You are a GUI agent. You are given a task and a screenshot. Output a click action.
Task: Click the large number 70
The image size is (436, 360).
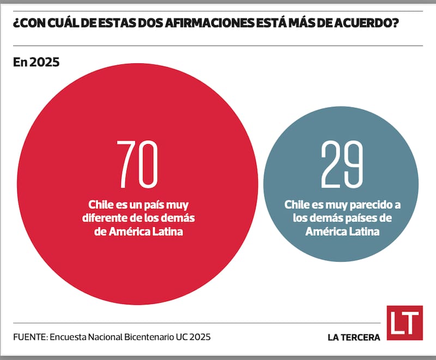coord(138,164)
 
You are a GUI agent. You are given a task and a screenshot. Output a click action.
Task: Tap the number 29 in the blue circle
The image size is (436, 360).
coord(342,164)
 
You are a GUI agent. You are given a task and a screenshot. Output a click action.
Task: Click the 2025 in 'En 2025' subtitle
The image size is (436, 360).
coord(45,62)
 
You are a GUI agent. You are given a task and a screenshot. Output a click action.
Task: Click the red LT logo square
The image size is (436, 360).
coord(404,323)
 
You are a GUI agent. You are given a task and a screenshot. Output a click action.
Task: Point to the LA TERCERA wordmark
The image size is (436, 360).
coord(354,337)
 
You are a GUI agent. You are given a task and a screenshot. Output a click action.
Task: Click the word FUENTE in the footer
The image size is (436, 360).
coord(29,337)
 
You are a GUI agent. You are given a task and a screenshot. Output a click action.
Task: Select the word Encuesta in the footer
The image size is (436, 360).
coord(68,337)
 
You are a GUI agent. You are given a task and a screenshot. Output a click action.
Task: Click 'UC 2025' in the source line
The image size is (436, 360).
coord(192,337)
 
